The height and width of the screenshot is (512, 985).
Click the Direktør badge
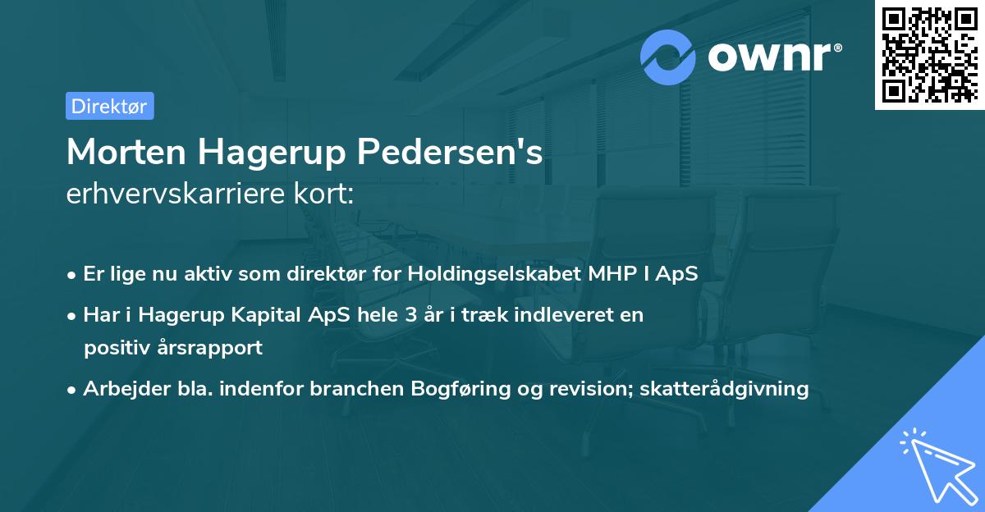click(x=109, y=106)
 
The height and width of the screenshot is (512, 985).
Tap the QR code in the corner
click(x=929, y=54)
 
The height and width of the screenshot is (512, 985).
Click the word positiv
click(x=113, y=347)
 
